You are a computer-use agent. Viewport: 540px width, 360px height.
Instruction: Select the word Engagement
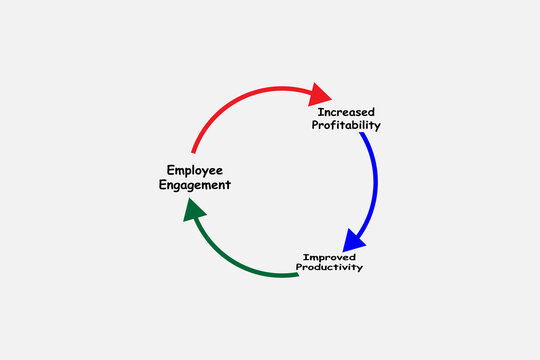click(194, 185)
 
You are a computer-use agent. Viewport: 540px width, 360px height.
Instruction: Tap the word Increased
click(346, 112)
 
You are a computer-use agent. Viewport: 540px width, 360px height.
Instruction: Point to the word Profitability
click(346, 126)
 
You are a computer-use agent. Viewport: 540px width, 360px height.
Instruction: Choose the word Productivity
click(329, 268)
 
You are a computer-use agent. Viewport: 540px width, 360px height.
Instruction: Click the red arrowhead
click(320, 94)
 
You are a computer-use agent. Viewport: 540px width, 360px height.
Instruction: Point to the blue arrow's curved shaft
click(374, 185)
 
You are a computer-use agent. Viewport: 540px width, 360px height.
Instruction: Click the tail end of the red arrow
click(194, 150)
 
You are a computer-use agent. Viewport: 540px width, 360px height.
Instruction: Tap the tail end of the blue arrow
click(362, 136)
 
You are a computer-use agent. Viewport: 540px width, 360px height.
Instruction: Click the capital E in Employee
click(168, 170)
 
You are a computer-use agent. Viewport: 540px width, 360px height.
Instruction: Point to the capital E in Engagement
click(163, 185)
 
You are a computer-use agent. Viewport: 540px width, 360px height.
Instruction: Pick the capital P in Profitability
click(316, 126)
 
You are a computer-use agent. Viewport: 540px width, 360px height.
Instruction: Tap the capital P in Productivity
click(299, 268)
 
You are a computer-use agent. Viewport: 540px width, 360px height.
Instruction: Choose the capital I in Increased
click(320, 112)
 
